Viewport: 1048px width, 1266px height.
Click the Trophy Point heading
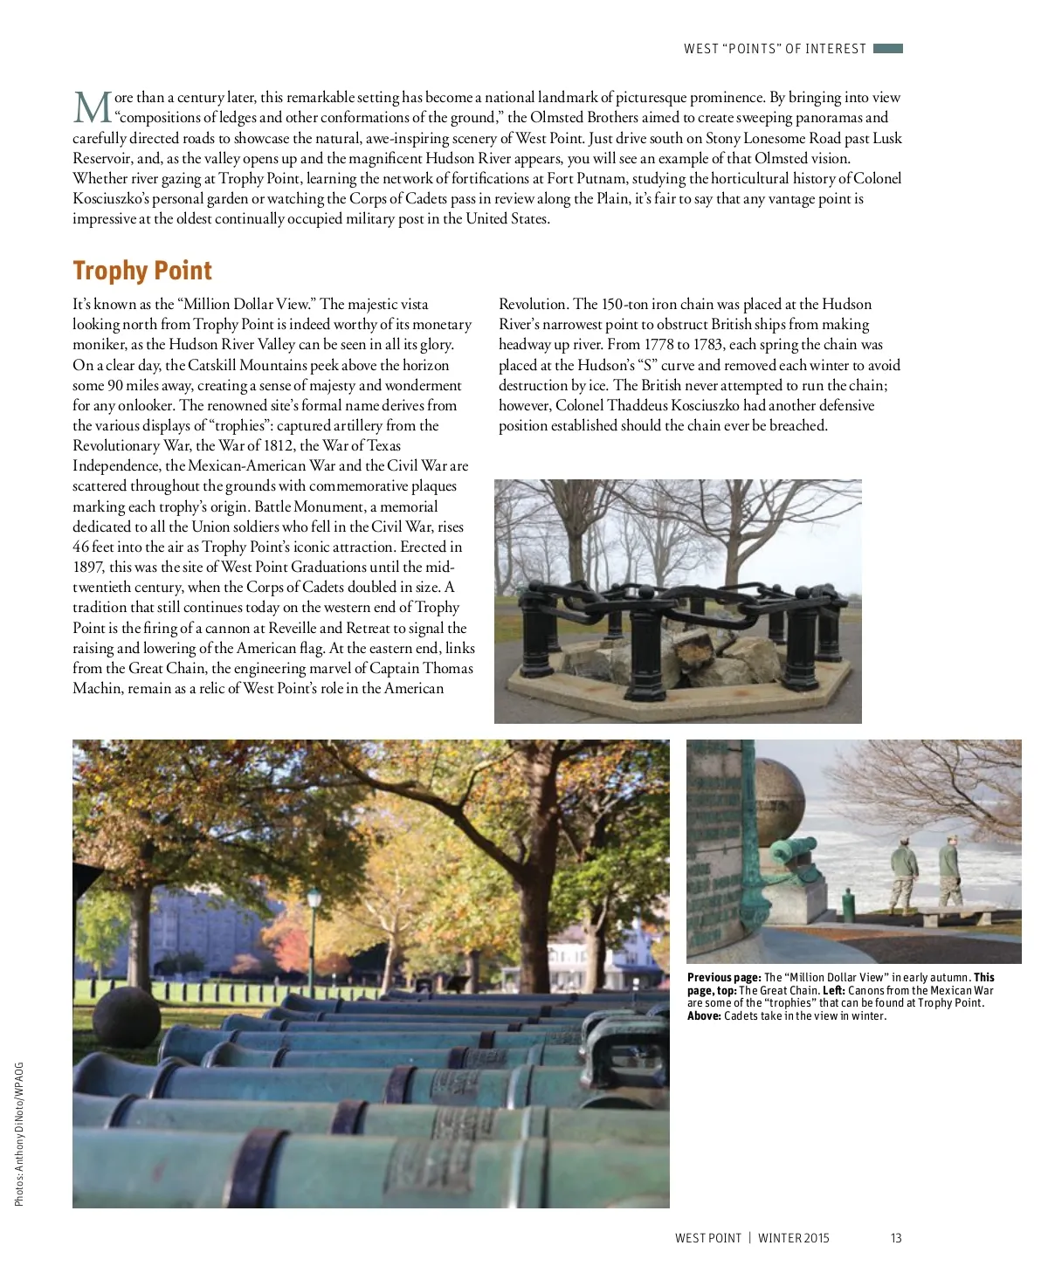click(142, 271)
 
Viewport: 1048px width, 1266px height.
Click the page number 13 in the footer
click(896, 1238)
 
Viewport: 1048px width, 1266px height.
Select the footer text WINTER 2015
click(793, 1238)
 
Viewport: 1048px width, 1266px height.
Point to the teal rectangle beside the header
click(887, 49)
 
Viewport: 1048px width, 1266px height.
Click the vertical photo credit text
click(19, 1133)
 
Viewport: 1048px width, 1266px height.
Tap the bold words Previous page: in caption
click(724, 978)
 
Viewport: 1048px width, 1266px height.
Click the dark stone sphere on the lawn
click(126, 1015)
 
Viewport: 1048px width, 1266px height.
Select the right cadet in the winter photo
click(949, 869)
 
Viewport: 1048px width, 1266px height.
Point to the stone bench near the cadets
click(956, 917)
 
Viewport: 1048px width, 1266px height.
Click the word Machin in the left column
click(97, 689)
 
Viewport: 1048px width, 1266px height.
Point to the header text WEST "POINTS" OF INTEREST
click(775, 49)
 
